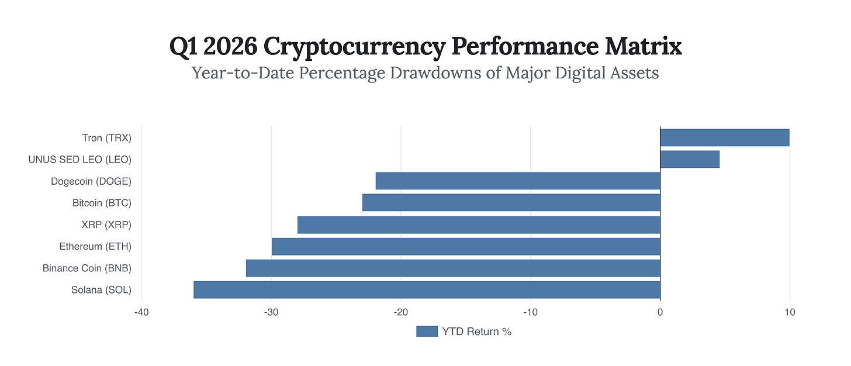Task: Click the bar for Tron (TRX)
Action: [725, 137]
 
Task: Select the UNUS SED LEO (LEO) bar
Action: [690, 159]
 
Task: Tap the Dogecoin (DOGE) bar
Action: [518, 181]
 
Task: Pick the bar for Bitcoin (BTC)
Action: [511, 202]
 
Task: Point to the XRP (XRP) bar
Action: [479, 225]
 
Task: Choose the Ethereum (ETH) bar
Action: [466, 246]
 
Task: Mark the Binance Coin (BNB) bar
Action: [453, 268]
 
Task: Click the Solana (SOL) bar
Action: [427, 289]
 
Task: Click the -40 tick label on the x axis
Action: [141, 313]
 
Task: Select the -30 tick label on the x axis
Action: [271, 313]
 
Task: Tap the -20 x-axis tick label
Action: [400, 313]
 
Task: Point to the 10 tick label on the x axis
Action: [790, 313]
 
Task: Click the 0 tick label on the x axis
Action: [660, 313]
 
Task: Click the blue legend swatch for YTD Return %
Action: [427, 332]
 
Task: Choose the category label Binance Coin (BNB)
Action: [87, 268]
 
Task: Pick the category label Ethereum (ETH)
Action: [95, 246]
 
